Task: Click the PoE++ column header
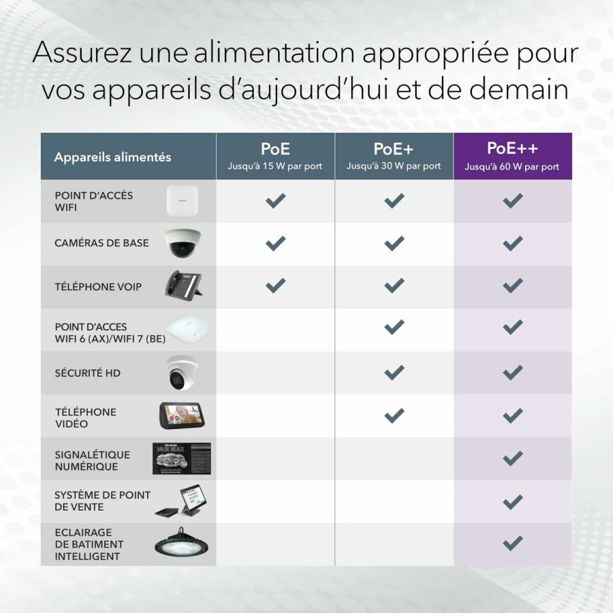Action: pyautogui.click(x=512, y=156)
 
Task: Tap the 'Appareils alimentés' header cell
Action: pyautogui.click(x=112, y=157)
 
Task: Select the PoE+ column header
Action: pyautogui.click(x=394, y=156)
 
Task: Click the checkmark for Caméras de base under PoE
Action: pyautogui.click(x=275, y=243)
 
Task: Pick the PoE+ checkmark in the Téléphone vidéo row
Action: pyautogui.click(x=394, y=415)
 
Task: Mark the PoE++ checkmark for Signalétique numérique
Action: pyautogui.click(x=512, y=458)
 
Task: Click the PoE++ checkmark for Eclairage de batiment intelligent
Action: pyautogui.click(x=512, y=543)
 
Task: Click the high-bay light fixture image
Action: pyautogui.click(x=181, y=544)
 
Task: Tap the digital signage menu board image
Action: pyautogui.click(x=181, y=459)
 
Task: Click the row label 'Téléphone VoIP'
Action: pyautogui.click(x=98, y=287)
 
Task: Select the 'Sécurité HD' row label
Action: pyautogui.click(x=88, y=373)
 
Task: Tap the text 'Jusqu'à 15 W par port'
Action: pyautogui.click(x=275, y=166)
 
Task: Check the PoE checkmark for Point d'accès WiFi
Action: pyautogui.click(x=275, y=200)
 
